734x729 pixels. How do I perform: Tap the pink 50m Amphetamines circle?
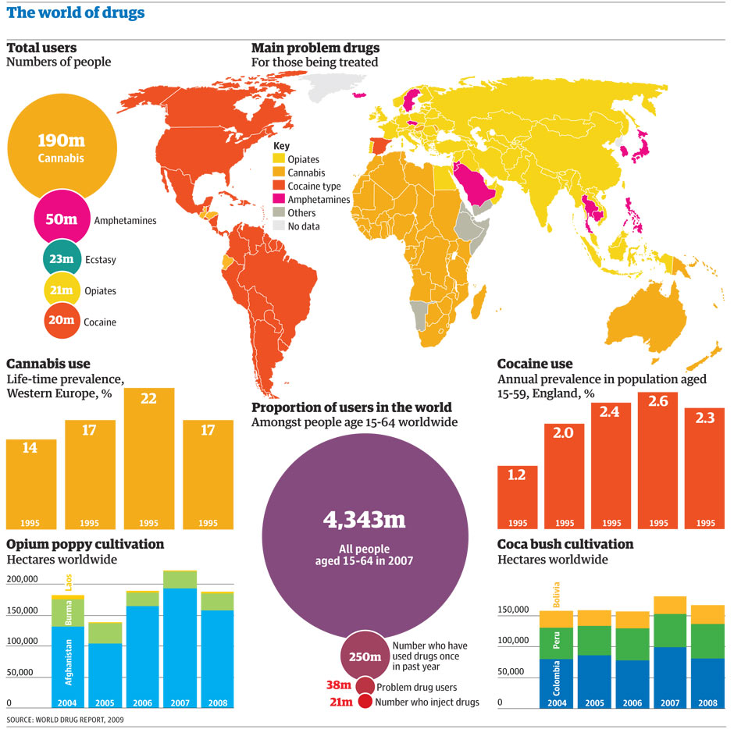62,219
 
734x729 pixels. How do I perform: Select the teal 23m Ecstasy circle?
60,259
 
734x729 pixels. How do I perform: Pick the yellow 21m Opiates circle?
60,290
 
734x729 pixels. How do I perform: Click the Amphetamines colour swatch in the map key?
279,200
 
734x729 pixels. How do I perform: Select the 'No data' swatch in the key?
279,226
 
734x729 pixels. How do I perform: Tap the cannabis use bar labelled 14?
31,484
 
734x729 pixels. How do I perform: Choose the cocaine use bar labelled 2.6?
657,461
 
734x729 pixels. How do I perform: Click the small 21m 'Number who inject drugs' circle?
365,702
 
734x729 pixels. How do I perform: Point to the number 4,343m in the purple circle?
363,520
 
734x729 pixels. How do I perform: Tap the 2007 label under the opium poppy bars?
180,702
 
